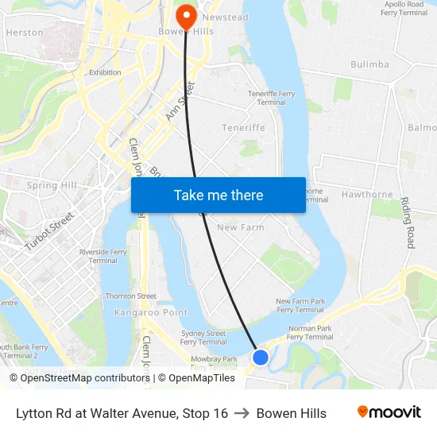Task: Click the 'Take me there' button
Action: coord(218,195)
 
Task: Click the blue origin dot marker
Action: coord(261,358)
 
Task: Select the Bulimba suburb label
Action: coord(369,64)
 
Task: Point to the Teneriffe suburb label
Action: coord(243,128)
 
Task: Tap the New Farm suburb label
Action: coord(240,227)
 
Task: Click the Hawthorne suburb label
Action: coord(367,195)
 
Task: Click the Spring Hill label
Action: coord(52,186)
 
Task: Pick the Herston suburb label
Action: coord(25,33)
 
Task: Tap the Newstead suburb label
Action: coord(226,17)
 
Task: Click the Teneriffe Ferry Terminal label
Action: coord(271,98)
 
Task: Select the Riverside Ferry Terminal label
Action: coord(102,256)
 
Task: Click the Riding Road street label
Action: coord(408,222)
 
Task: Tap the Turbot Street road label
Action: coord(49,231)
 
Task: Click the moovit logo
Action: coord(389,412)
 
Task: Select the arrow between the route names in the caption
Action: coord(242,413)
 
